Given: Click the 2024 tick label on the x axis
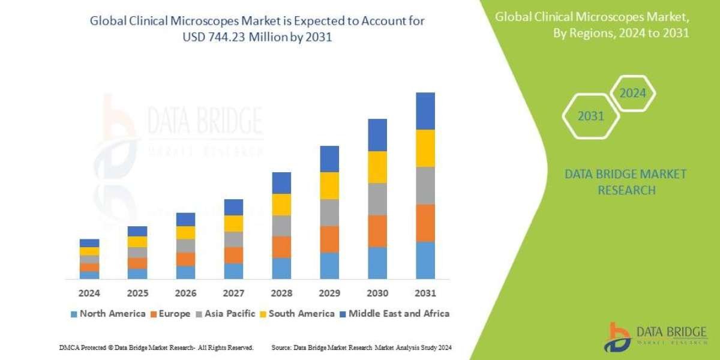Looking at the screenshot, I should tap(89, 294).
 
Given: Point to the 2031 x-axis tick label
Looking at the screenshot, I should tap(425, 294).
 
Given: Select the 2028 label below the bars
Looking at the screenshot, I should tap(281, 294).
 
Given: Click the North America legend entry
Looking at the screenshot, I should tap(108, 313).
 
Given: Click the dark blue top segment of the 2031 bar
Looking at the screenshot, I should tap(425, 111).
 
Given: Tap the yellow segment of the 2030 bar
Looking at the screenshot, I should tap(377, 167).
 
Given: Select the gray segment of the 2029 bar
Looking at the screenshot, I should tap(329, 212).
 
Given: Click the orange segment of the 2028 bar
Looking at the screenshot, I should tap(281, 247).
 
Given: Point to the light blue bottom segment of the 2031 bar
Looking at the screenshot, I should tap(425, 260).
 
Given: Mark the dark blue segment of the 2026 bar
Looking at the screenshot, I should tap(185, 219).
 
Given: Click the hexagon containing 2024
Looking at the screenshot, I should tap(632, 94).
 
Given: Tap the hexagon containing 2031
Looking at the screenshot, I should tap(590, 116).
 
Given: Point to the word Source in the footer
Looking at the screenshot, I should tap(281, 347).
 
